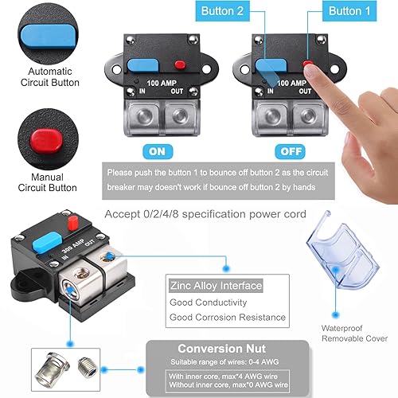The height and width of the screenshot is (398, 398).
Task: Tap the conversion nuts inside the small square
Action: point(60,368)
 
